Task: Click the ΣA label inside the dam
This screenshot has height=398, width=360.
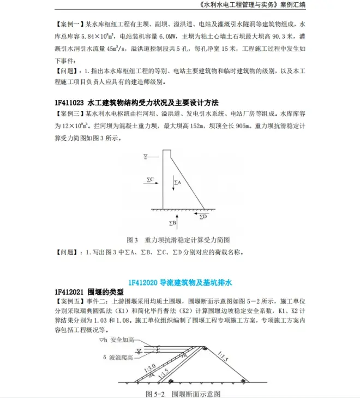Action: pyautogui.click(x=177, y=182)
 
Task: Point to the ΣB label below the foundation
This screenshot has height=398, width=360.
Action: pyautogui.click(x=172, y=223)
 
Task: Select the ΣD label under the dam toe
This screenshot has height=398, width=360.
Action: pyautogui.click(x=203, y=217)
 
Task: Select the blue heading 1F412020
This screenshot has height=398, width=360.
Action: pyautogui.click(x=143, y=282)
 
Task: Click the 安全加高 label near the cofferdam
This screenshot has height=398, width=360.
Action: pyautogui.click(x=123, y=340)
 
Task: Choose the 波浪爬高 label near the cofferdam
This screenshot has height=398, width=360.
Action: pyautogui.click(x=126, y=358)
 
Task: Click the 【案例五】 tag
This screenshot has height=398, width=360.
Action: pyautogui.click(x=68, y=301)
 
